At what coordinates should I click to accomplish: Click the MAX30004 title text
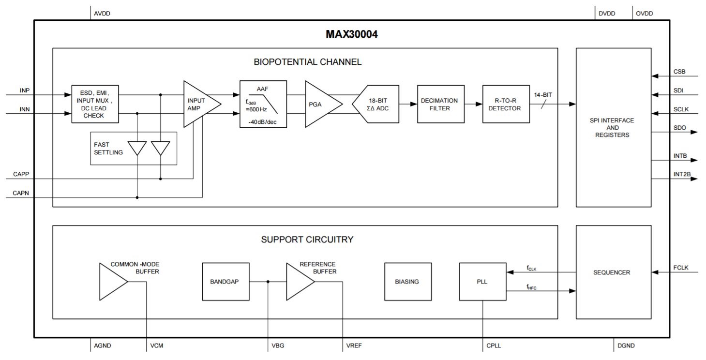tap(351, 34)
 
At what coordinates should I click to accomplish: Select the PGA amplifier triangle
tap(320, 104)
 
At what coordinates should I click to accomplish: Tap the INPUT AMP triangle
tap(198, 104)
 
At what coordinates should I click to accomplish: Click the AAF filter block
tap(263, 104)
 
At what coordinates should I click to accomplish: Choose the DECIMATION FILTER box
tap(439, 104)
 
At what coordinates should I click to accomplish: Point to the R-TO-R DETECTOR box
tap(506, 104)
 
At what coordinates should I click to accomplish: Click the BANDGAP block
tap(225, 282)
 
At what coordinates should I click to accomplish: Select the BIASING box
tap(407, 282)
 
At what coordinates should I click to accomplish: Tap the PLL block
tap(482, 282)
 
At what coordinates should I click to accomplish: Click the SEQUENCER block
tap(612, 272)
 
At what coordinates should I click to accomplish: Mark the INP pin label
tap(25, 90)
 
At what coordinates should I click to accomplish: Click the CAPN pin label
tap(21, 193)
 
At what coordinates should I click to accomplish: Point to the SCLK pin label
tap(681, 109)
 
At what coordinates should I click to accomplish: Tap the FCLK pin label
tap(681, 268)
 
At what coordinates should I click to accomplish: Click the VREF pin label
tap(354, 345)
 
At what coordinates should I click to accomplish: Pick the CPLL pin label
tap(494, 345)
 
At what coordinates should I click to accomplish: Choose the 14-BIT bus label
tap(542, 95)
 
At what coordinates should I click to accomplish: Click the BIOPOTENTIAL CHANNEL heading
tap(307, 62)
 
